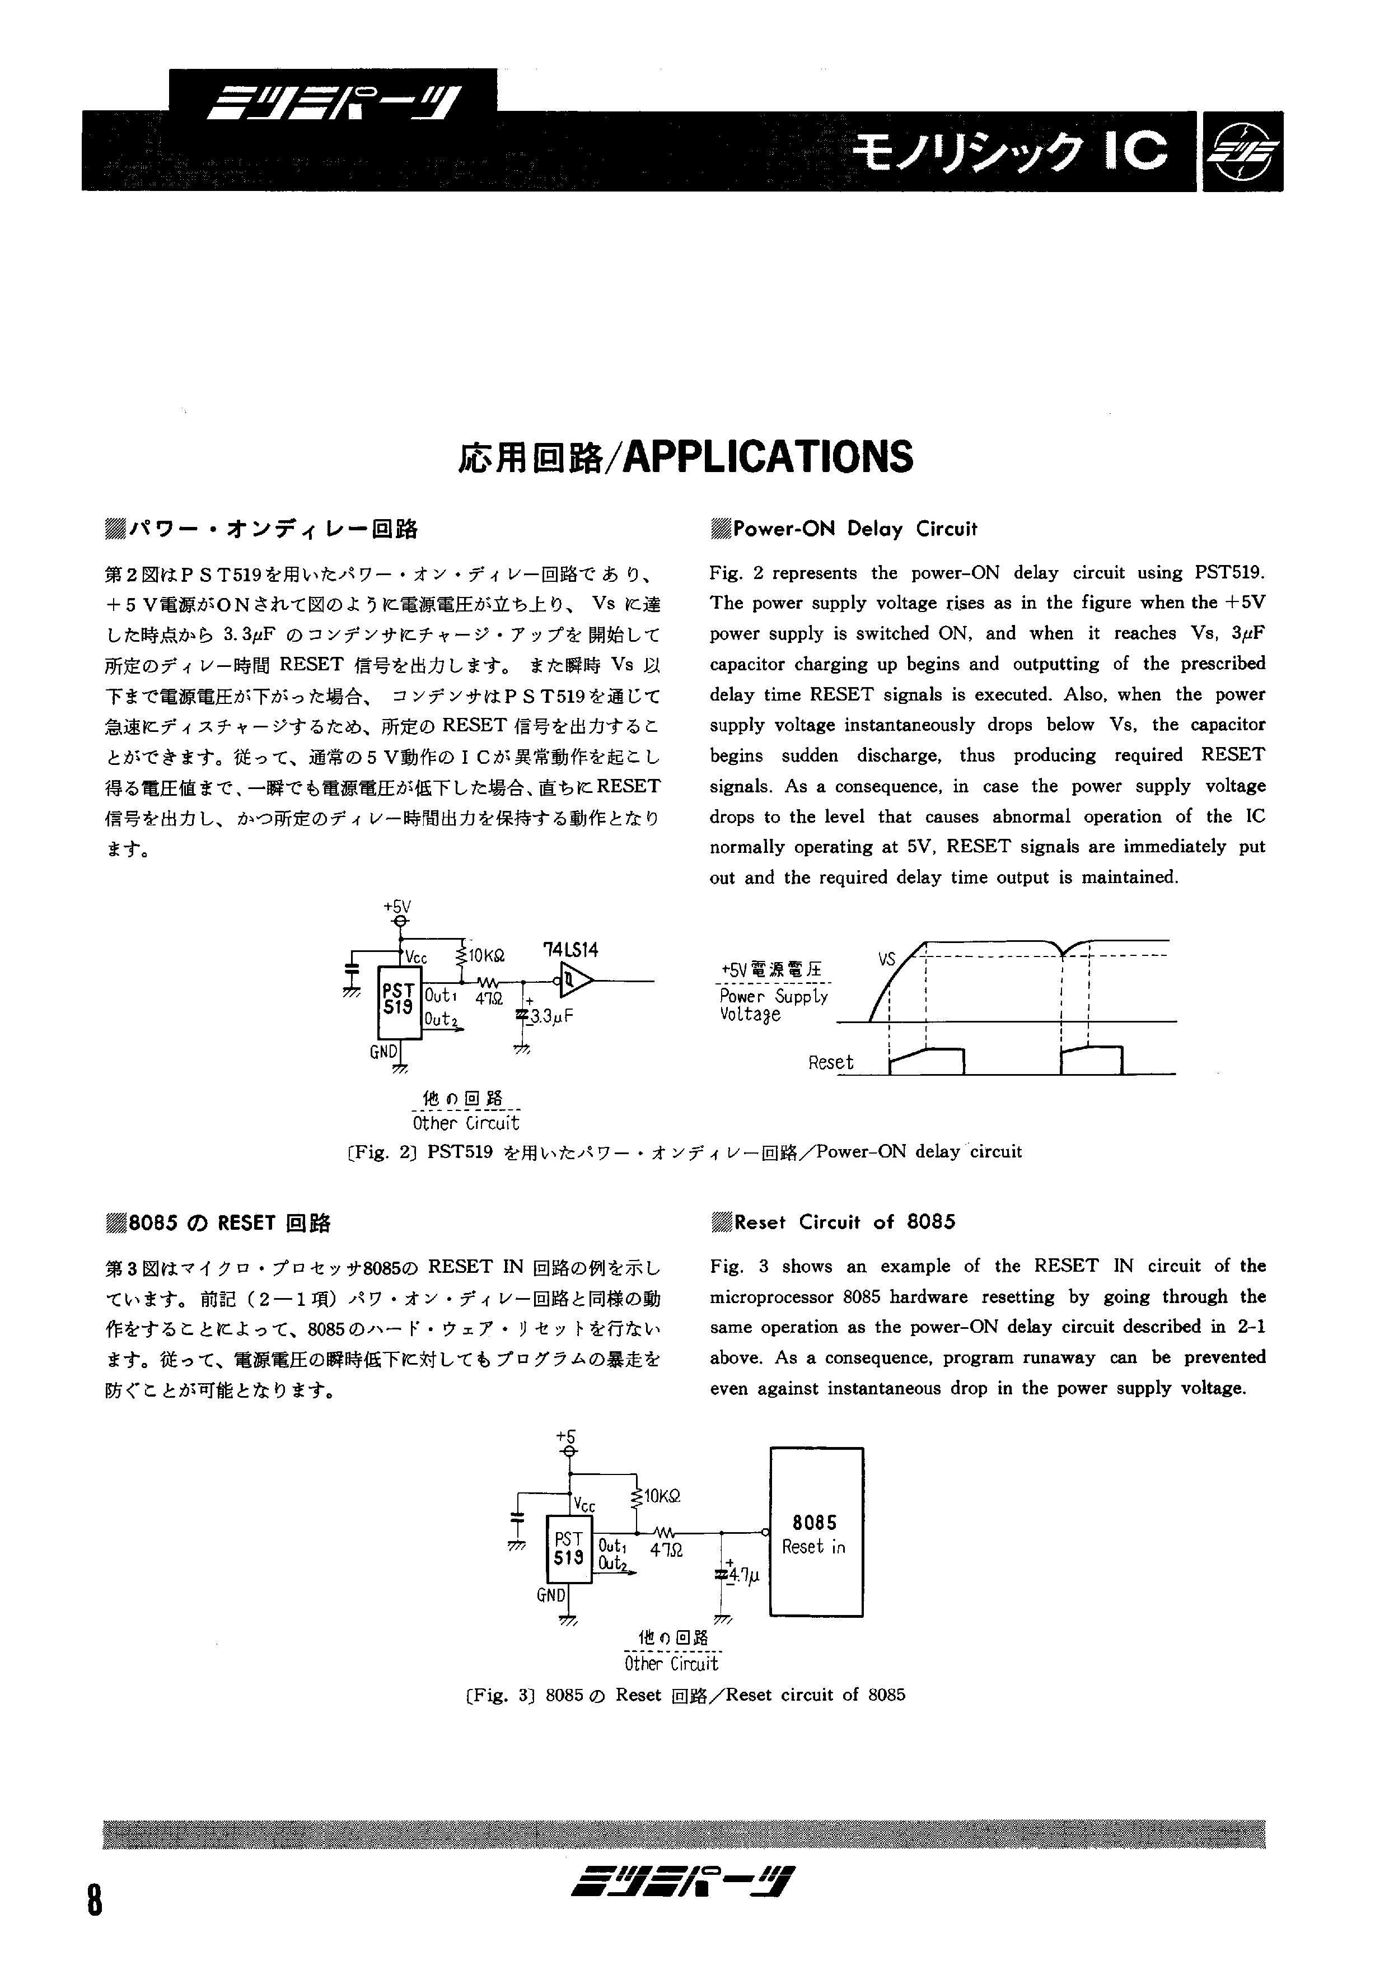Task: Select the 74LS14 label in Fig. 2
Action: click(571, 950)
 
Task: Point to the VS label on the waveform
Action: click(887, 959)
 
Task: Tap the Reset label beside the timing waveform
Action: click(830, 1063)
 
